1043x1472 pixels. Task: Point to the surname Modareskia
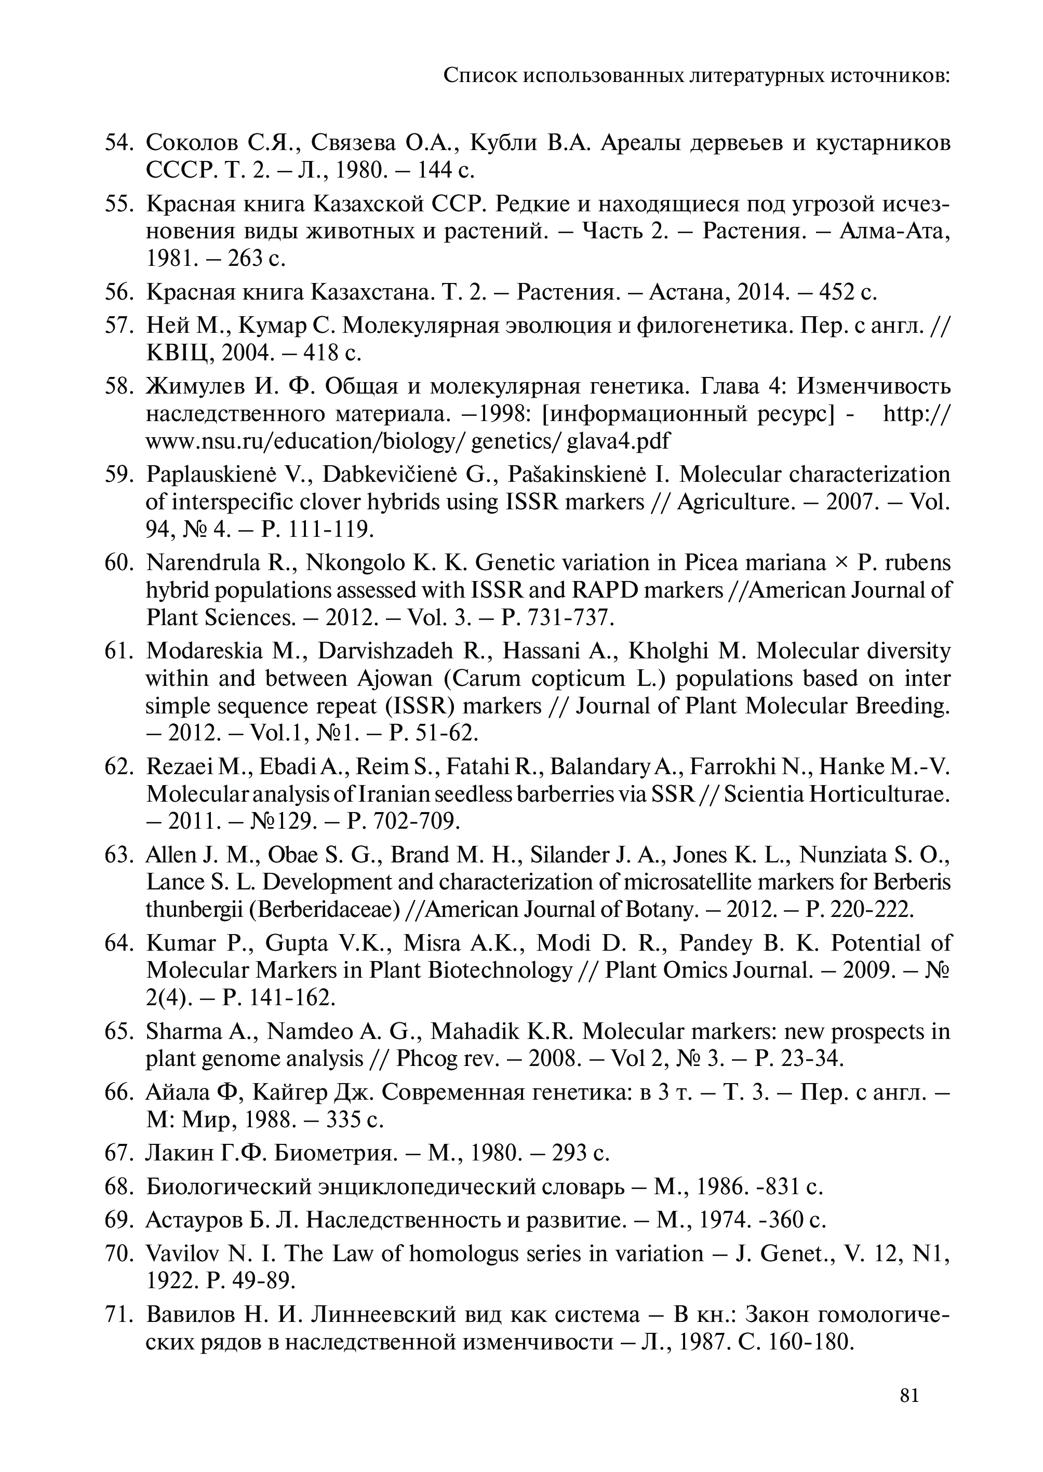click(x=204, y=651)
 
